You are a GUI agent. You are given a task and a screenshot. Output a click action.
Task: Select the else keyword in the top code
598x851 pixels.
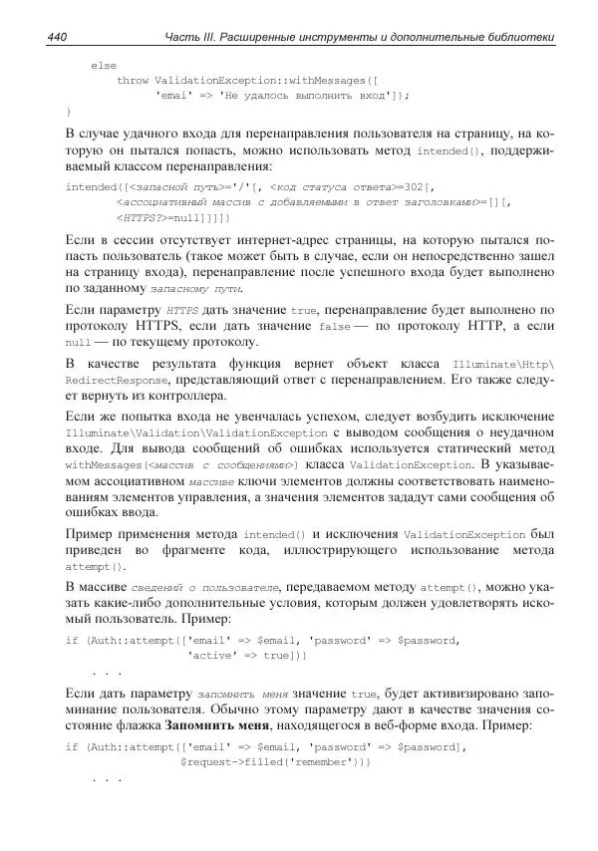point(104,65)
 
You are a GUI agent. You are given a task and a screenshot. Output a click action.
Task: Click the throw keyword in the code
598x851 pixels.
point(134,80)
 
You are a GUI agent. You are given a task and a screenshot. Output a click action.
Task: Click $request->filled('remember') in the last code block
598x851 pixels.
point(274,761)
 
